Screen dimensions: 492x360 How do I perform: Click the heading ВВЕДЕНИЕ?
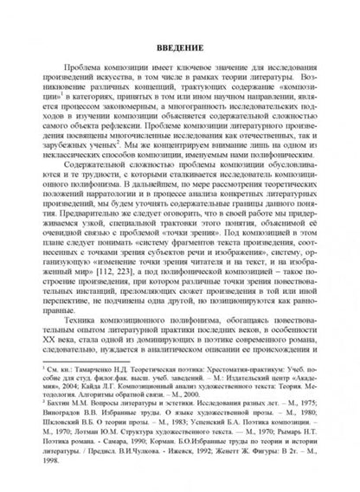coord(180,45)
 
